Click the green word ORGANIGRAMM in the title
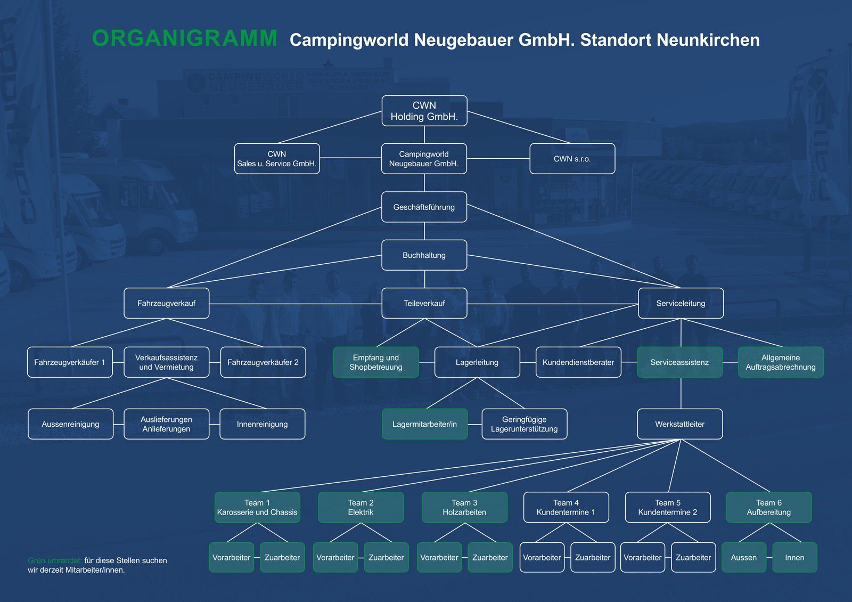[x=185, y=39]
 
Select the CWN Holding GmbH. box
[x=424, y=111]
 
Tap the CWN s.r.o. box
[x=572, y=159]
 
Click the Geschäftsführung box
[x=424, y=207]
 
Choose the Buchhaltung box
[x=424, y=255]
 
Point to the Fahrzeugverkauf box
[x=167, y=303]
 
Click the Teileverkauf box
[x=424, y=303]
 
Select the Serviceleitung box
[x=681, y=303]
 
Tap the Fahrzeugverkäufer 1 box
[x=70, y=362]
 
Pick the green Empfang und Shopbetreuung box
[x=376, y=362]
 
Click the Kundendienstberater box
[x=578, y=362]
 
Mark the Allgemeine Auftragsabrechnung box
[x=781, y=362]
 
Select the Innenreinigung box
[x=263, y=424]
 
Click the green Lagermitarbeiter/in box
[x=425, y=424]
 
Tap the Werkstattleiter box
[x=680, y=424]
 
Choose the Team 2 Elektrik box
[x=361, y=507]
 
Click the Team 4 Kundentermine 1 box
[x=566, y=507]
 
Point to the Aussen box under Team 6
[x=744, y=557]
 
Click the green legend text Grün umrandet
[x=55, y=560]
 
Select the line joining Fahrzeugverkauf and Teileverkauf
[x=296, y=304]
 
